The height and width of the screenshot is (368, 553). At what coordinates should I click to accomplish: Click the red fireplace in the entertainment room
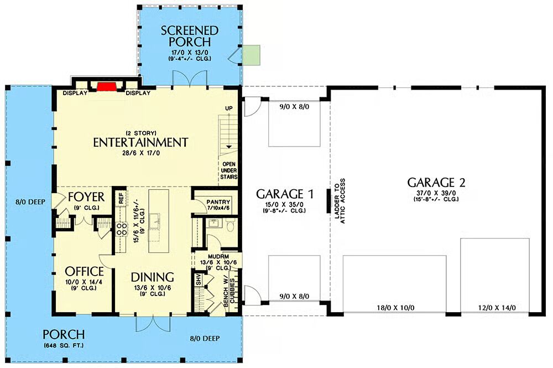[x=107, y=87]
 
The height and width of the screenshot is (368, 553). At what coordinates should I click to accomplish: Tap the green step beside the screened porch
[x=252, y=55]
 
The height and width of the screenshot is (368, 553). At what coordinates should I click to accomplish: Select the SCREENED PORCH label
[x=190, y=36]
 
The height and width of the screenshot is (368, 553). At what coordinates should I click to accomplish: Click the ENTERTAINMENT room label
[x=140, y=142]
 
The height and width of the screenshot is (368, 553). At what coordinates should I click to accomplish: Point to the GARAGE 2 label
[x=436, y=183]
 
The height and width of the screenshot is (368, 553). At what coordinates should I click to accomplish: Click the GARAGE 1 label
[x=285, y=194]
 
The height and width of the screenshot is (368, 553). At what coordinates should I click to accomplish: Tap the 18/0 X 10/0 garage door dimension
[x=395, y=308]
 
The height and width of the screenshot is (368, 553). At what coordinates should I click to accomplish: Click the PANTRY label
[x=218, y=202]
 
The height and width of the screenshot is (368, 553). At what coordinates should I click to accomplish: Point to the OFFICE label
[x=85, y=271]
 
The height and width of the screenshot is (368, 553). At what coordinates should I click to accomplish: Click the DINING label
[x=153, y=277]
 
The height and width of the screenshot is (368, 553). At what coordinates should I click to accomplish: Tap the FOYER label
[x=86, y=196]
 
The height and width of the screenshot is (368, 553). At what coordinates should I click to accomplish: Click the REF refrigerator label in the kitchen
[x=121, y=198]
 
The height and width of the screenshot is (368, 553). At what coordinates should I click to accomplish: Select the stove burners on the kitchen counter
[x=122, y=229]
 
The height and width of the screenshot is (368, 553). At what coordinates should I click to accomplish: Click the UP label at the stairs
[x=229, y=108]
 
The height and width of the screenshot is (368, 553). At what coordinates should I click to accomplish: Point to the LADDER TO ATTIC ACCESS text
[x=340, y=201]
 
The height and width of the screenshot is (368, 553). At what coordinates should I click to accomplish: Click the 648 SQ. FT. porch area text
[x=64, y=345]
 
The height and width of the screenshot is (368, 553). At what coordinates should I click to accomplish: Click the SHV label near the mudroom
[x=199, y=279]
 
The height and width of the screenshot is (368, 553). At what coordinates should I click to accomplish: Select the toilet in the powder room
[x=230, y=225]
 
